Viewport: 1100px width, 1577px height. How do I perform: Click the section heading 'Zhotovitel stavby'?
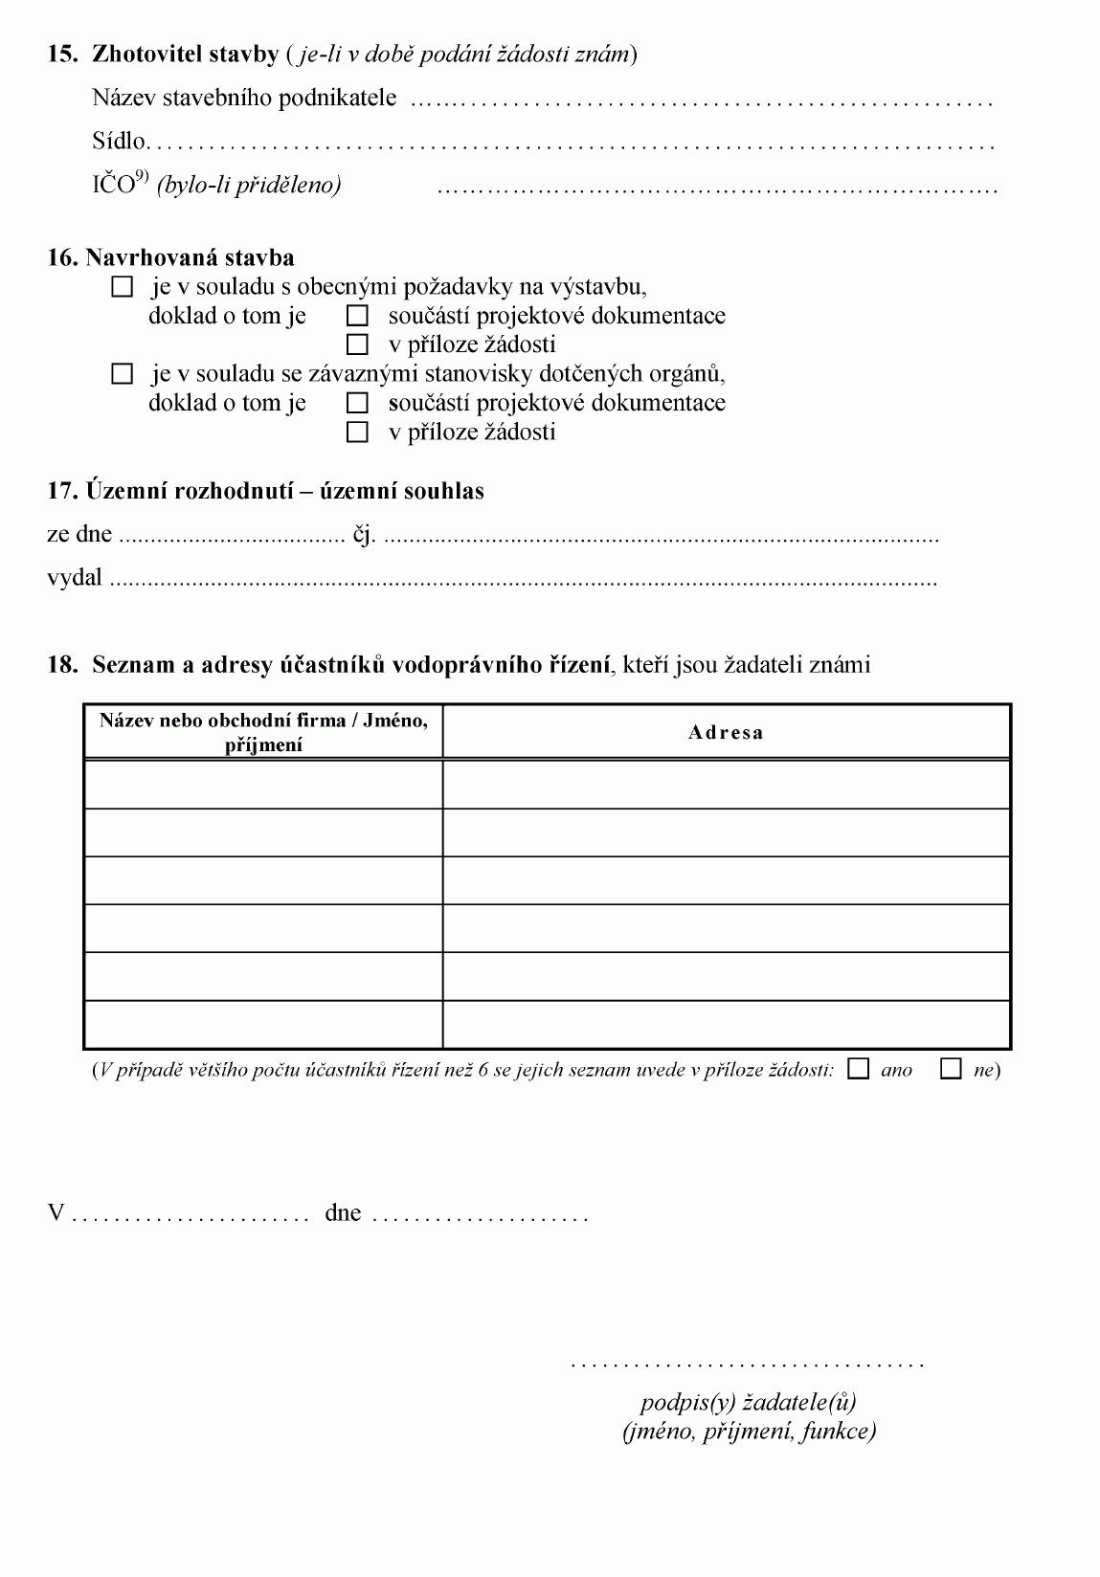click(x=184, y=54)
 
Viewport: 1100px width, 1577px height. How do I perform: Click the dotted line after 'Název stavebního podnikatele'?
click(x=701, y=100)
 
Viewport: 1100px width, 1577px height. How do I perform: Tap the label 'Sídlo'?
click(x=119, y=142)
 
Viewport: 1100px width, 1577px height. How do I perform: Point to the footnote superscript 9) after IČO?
click(x=142, y=176)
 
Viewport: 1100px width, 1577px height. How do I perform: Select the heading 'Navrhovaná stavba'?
click(x=190, y=257)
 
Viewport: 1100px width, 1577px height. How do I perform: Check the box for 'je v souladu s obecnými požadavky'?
click(x=123, y=286)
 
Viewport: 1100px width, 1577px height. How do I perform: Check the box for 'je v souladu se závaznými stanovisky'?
click(x=123, y=373)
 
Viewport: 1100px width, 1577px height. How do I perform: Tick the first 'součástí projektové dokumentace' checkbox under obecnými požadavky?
click(x=357, y=315)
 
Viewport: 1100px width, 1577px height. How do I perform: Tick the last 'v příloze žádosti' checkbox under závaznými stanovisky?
click(x=357, y=432)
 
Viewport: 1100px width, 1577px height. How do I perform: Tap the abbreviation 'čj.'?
click(x=364, y=535)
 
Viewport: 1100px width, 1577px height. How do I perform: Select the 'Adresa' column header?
click(x=726, y=733)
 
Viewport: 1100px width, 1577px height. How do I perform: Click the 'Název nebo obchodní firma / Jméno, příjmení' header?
click(x=263, y=732)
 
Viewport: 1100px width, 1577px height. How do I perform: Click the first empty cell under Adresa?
click(x=726, y=785)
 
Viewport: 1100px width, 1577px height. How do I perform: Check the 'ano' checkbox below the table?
click(x=859, y=1069)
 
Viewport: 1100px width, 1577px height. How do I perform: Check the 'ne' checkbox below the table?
click(x=951, y=1069)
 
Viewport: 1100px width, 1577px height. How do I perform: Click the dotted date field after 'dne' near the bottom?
click(x=479, y=1217)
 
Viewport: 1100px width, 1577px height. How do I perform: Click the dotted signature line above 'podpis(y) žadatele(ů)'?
click(x=747, y=1364)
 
